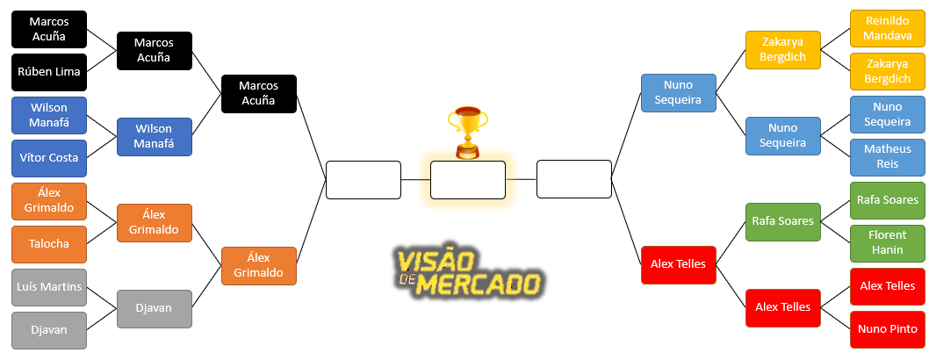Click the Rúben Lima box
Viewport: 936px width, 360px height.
49,72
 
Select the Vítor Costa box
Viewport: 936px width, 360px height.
49,158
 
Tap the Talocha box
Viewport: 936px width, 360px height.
49,244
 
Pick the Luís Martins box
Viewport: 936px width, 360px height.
49,287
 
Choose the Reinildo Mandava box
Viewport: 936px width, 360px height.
888,28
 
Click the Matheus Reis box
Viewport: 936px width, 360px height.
888,157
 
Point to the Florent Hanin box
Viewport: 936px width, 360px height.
888,243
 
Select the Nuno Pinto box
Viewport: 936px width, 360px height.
888,329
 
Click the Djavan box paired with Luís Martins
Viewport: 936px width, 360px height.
49,330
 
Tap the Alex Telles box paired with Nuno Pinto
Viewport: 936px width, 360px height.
888,286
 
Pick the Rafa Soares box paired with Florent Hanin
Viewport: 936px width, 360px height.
888,200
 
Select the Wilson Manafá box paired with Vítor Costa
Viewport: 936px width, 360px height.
49,115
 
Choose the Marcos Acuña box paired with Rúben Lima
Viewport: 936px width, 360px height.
49,29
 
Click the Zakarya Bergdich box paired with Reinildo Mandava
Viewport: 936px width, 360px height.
888,71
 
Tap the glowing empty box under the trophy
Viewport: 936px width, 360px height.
468,180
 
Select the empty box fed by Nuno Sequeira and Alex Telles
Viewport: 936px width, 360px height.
573,179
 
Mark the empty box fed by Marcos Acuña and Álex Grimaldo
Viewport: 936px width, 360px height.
363,180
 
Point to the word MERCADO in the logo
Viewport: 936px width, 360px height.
478,284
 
